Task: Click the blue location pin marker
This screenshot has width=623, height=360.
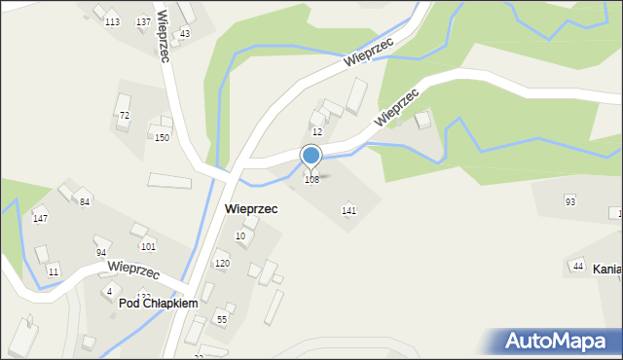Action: pos(311,157)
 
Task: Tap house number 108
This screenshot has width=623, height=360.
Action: pos(311,180)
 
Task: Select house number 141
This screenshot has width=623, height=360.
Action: pos(348,210)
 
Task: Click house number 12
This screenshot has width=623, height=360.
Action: pos(317,131)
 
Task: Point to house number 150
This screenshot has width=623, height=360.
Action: pos(163,138)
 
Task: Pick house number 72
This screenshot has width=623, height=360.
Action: pos(125,116)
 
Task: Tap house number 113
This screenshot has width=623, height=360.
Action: pos(113,22)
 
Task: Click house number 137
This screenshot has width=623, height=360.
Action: pos(144,22)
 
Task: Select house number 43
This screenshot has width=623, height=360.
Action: pos(185,34)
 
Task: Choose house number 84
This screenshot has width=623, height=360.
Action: pos(86,201)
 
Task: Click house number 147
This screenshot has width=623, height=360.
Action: pos(40,219)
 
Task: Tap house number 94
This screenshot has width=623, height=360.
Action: pos(101,253)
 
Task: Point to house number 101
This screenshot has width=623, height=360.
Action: pos(148,247)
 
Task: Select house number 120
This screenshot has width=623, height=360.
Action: pos(222,264)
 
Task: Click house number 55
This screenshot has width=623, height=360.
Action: pos(222,320)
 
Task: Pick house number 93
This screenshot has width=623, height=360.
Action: pos(570,201)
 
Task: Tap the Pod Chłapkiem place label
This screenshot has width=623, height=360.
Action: pos(159,304)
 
